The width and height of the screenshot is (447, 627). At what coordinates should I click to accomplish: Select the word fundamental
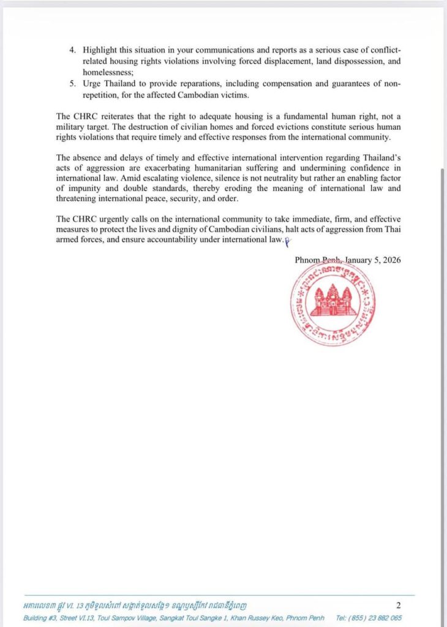(310, 116)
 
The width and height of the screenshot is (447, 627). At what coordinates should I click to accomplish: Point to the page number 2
(398, 606)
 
